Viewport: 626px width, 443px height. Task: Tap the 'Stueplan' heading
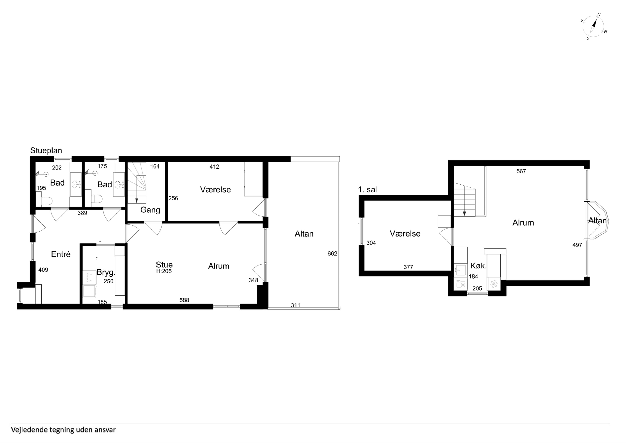[x=46, y=150]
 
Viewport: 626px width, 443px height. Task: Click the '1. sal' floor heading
[x=368, y=190]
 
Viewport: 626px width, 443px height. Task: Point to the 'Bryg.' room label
[x=106, y=273]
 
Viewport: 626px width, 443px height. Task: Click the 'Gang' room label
[x=150, y=210]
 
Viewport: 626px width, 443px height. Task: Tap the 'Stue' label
[x=164, y=265]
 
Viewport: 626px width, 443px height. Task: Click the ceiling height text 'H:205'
[x=164, y=271]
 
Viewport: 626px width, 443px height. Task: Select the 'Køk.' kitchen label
[x=478, y=266]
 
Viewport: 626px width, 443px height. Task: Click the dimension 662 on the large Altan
[x=332, y=254]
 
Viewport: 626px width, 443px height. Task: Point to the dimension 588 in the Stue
[x=184, y=300]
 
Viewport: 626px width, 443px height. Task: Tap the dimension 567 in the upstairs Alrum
[x=521, y=171]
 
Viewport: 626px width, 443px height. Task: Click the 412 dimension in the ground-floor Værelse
[x=214, y=166]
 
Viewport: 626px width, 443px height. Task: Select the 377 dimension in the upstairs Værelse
[x=408, y=267]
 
